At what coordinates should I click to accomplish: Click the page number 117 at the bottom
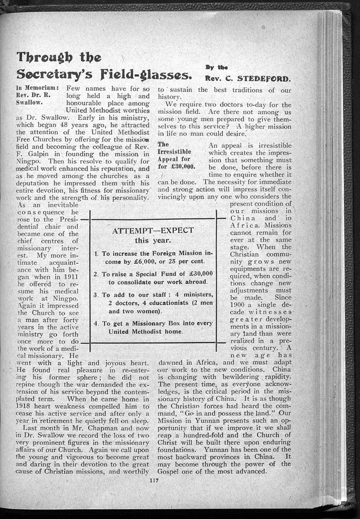tap(153, 480)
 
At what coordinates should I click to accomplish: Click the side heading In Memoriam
tap(38, 88)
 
